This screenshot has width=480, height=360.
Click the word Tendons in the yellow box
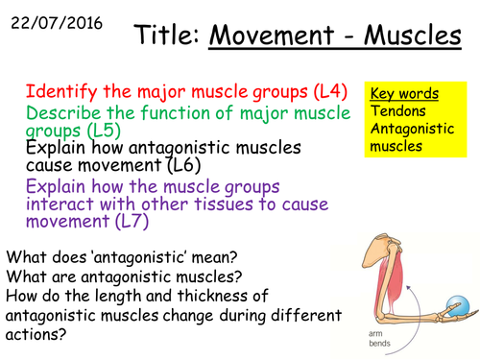point(396,112)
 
